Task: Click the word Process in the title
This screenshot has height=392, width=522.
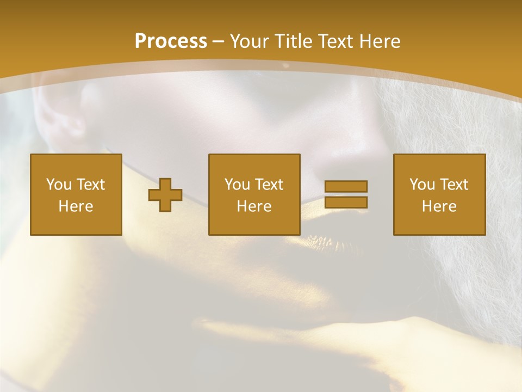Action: pyautogui.click(x=171, y=41)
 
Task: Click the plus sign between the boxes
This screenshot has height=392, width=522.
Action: pyautogui.click(x=165, y=195)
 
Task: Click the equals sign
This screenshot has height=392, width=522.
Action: pyautogui.click(x=346, y=194)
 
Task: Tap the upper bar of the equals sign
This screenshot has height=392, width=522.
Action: pyautogui.click(x=346, y=187)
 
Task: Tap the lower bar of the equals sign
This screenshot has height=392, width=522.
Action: pyautogui.click(x=346, y=203)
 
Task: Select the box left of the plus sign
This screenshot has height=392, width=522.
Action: pyautogui.click(x=76, y=194)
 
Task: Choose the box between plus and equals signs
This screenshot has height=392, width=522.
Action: pyautogui.click(x=254, y=194)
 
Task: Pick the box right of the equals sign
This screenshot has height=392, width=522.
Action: pyautogui.click(x=439, y=194)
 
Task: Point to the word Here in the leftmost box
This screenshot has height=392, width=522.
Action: pyautogui.click(x=76, y=206)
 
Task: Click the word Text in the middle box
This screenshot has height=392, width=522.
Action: pyautogui.click(x=269, y=185)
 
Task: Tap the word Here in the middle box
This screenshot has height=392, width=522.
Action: pyautogui.click(x=254, y=206)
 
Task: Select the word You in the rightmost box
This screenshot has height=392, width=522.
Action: pyautogui.click(x=422, y=185)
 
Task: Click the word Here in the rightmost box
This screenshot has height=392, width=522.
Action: pyautogui.click(x=439, y=206)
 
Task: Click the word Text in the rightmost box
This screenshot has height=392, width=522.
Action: pyautogui.click(x=454, y=185)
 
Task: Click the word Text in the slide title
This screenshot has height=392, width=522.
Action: pyautogui.click(x=334, y=41)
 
